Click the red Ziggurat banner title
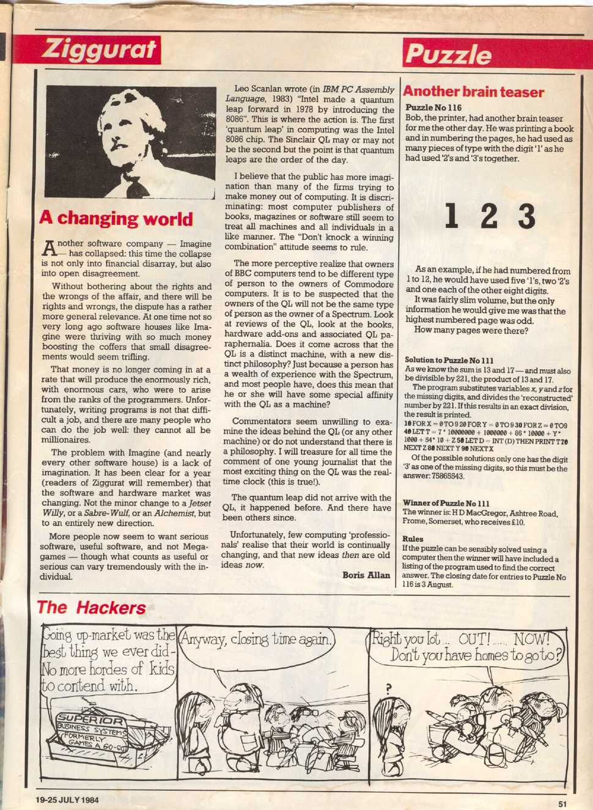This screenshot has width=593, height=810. pyautogui.click(x=98, y=50)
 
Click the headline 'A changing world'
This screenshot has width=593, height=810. pyautogui.click(x=116, y=219)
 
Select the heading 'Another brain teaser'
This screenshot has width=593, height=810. pyautogui.click(x=473, y=92)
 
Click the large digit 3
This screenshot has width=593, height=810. pyautogui.click(x=525, y=217)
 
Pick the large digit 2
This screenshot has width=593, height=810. pyautogui.click(x=488, y=217)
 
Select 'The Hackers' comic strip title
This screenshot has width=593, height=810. pyautogui.click(x=92, y=608)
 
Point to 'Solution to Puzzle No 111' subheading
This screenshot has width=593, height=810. pyautogui.click(x=449, y=360)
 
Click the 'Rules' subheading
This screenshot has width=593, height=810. pyautogui.click(x=413, y=539)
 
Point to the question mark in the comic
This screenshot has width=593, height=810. pyautogui.click(x=388, y=689)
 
